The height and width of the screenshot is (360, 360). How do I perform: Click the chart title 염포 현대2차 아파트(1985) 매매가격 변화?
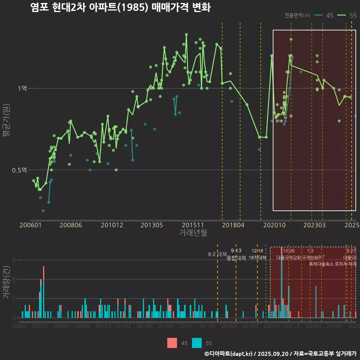click(120, 8)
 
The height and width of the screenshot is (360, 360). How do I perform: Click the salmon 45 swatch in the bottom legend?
click(172, 343)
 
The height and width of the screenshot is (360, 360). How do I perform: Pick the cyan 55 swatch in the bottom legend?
click(197, 343)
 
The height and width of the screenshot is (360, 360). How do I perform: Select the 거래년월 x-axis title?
click(193, 233)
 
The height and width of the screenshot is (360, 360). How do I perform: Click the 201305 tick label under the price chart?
click(151, 225)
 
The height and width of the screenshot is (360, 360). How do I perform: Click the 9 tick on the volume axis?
click(14, 260)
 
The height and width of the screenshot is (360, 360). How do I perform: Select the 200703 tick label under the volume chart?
click(39, 327)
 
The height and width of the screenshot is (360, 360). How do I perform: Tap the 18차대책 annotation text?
click(257, 258)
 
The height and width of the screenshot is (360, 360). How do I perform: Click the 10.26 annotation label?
click(289, 251)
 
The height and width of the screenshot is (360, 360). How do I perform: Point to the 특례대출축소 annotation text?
click(321, 264)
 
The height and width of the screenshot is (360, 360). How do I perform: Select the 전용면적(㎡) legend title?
click(297, 15)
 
